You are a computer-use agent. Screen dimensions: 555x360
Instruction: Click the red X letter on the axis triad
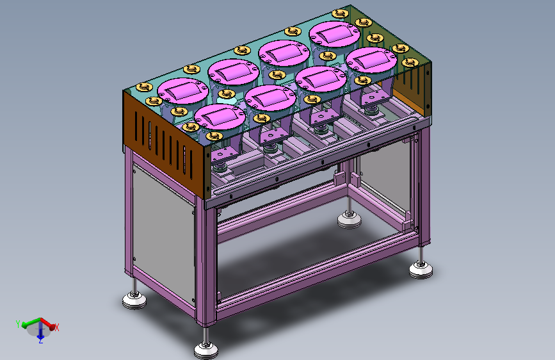(56, 327)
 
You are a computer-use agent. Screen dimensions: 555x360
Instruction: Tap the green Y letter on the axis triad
(18, 323)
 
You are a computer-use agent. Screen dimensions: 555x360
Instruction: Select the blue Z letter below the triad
(41, 341)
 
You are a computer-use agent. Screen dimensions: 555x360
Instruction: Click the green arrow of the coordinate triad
(31, 322)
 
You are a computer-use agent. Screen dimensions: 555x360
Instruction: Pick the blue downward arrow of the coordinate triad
(40, 331)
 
